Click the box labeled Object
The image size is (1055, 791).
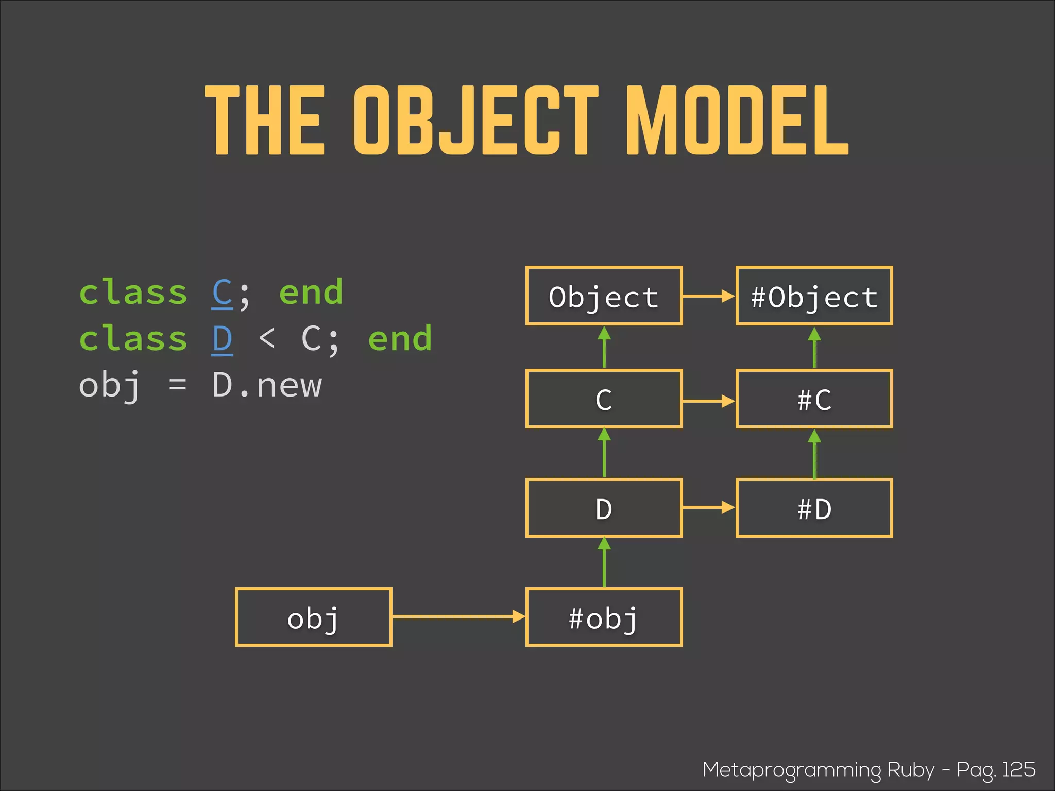click(x=604, y=296)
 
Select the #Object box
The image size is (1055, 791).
click(x=814, y=296)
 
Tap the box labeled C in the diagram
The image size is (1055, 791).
click(x=604, y=399)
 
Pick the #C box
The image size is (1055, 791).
click(x=814, y=399)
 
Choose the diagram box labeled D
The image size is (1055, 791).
click(x=604, y=508)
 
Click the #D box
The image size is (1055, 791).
click(x=814, y=508)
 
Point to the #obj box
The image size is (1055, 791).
click(x=604, y=617)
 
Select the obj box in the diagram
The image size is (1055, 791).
click(x=313, y=617)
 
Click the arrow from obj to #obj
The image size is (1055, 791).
click(x=458, y=616)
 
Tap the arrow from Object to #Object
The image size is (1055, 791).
click(x=709, y=296)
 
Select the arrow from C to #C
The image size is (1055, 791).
click(x=709, y=401)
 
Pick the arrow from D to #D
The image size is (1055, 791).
click(x=709, y=508)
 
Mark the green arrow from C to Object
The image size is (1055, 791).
click(x=604, y=347)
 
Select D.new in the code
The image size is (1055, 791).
click(x=267, y=385)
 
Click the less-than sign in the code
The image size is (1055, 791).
click(x=267, y=338)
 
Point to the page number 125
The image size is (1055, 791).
click(x=1018, y=769)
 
